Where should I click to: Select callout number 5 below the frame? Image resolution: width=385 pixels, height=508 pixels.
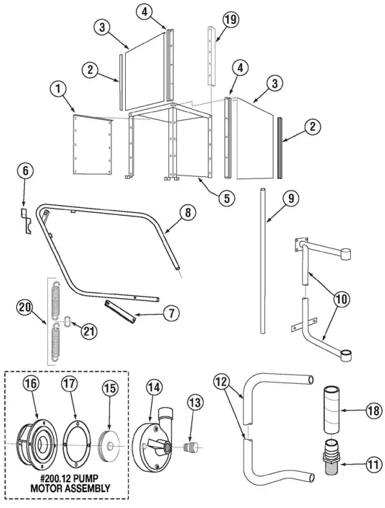pyautogui.click(x=225, y=198)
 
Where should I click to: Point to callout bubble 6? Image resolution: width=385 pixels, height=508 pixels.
pyautogui.click(x=25, y=171)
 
